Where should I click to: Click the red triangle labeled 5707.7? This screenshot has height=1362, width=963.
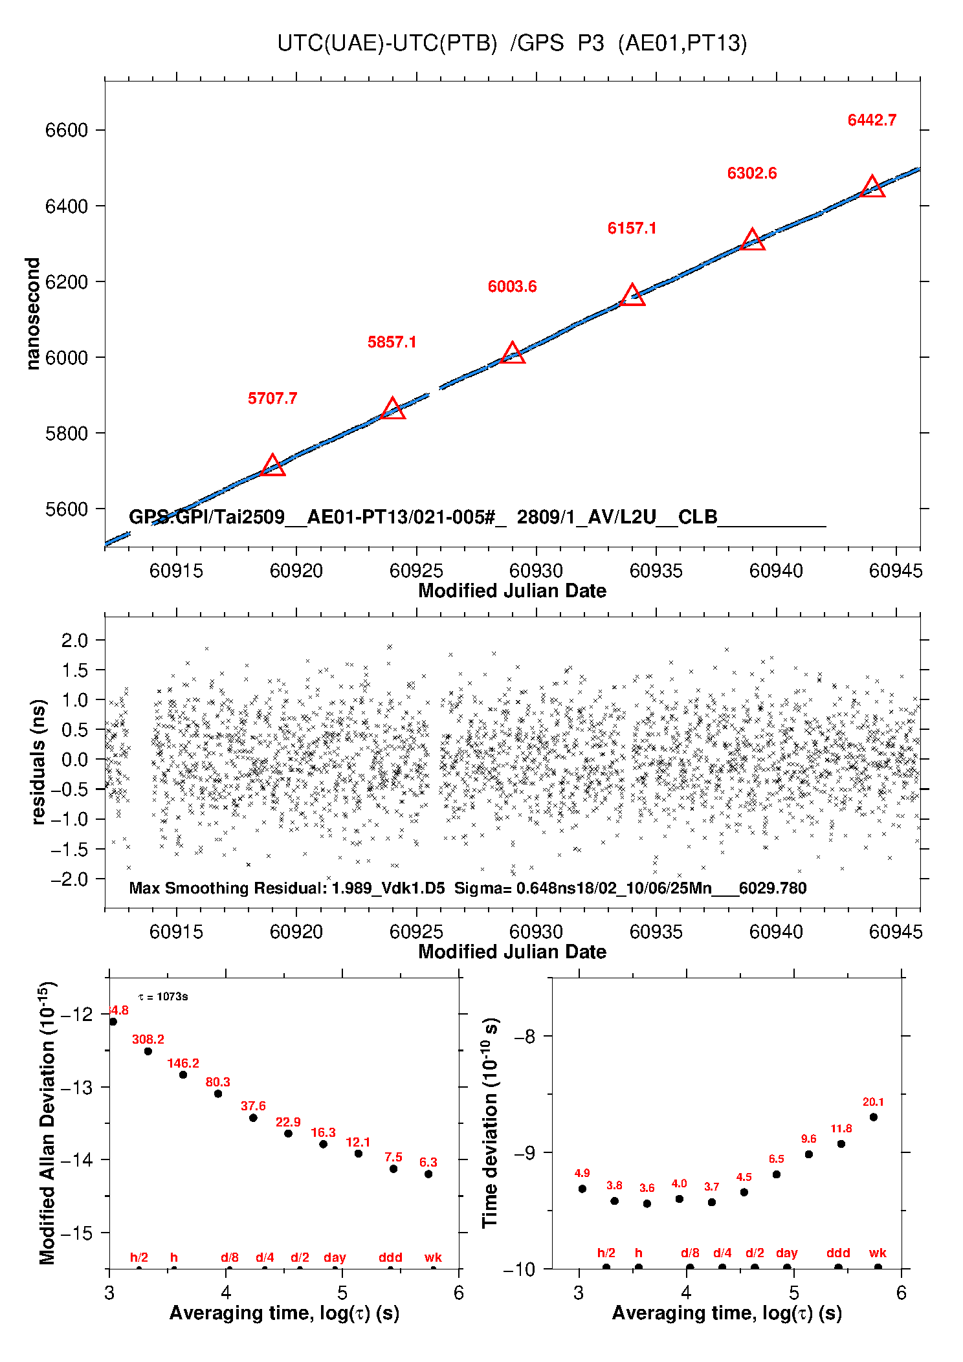tap(272, 465)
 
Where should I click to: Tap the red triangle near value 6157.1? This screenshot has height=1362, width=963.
tap(632, 295)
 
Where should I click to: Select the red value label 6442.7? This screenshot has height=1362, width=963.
tap(872, 120)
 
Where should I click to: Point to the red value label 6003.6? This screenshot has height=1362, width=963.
tap(512, 287)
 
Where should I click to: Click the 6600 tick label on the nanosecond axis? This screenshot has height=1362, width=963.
tap(66, 130)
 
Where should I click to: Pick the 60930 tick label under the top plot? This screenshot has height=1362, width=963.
tap(536, 571)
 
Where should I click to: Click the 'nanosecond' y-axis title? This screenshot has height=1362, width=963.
tap(32, 314)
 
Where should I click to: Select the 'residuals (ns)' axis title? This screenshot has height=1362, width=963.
tap(38, 762)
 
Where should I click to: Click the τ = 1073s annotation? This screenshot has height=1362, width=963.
tap(163, 996)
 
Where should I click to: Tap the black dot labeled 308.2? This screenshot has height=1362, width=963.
tap(148, 1051)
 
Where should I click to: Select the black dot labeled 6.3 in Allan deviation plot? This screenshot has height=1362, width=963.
tap(428, 1174)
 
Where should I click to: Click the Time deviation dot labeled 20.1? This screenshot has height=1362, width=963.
tap(874, 1117)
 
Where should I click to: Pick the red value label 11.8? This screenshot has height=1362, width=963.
tap(841, 1128)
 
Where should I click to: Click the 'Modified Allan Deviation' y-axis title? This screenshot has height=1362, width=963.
tap(47, 1122)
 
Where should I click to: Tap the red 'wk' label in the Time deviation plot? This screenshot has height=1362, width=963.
tap(878, 1253)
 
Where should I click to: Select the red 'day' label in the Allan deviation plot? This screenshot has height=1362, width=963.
tap(335, 1257)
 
